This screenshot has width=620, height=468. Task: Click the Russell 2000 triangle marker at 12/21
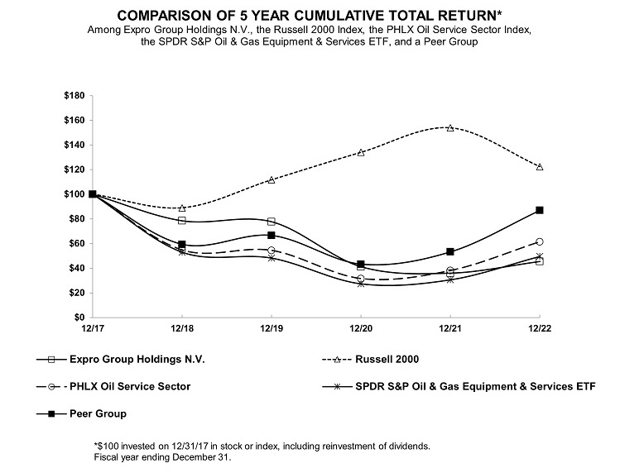(450, 127)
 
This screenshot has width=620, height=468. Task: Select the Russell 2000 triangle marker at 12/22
(540, 167)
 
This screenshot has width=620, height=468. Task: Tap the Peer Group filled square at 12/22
(540, 210)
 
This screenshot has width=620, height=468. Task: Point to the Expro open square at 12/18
(181, 221)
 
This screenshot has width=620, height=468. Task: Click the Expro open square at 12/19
(272, 222)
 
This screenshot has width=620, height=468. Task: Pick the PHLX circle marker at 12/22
(540, 241)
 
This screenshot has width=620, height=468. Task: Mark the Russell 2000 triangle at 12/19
(272, 179)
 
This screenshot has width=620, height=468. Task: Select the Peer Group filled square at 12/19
(272, 236)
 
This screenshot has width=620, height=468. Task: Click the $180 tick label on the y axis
(73, 96)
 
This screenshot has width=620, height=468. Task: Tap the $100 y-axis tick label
(73, 194)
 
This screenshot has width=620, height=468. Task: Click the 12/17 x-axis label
(92, 330)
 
